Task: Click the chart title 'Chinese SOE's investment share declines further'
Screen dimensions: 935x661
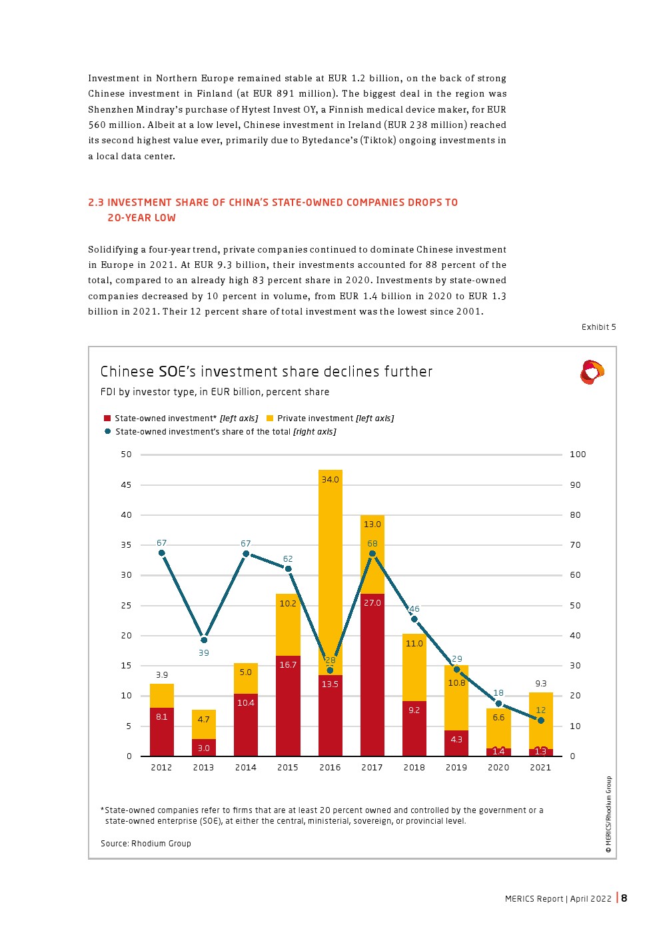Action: click(x=266, y=372)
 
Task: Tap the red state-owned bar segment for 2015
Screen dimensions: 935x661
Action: click(x=288, y=706)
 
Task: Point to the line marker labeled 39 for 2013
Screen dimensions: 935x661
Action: click(x=204, y=640)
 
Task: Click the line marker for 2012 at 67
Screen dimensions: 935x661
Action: click(x=161, y=553)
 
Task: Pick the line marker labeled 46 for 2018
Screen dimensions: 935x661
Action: click(x=414, y=619)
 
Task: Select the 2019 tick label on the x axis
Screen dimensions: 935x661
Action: click(x=456, y=768)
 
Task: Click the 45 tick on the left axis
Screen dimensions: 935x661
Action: click(x=126, y=485)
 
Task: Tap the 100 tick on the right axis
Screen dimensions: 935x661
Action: click(x=578, y=455)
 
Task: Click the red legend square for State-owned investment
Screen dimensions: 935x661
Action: click(x=107, y=419)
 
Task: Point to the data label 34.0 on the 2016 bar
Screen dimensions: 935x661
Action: click(x=330, y=480)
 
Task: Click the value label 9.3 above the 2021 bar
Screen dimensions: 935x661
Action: click(x=540, y=684)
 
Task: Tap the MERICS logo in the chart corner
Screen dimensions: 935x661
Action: click(x=592, y=372)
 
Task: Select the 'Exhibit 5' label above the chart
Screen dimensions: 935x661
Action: click(x=598, y=327)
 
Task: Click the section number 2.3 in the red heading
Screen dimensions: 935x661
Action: click(x=96, y=203)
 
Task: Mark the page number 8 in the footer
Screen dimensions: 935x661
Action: click(x=624, y=898)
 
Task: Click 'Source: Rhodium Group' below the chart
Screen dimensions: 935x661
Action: click(x=146, y=844)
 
